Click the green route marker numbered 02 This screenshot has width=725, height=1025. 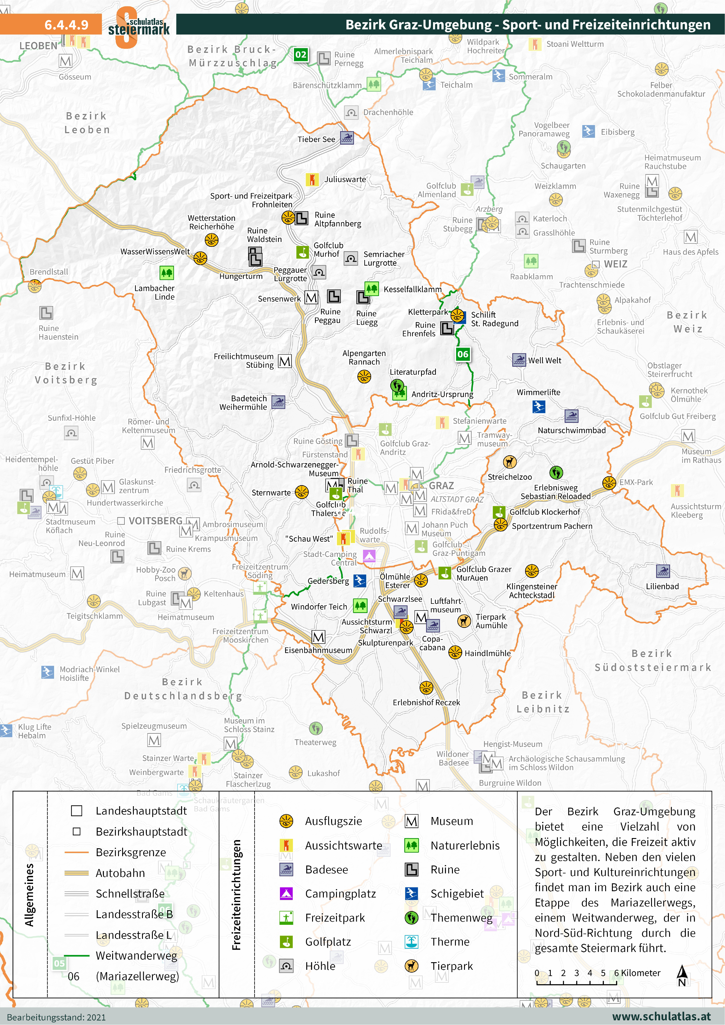point(301,55)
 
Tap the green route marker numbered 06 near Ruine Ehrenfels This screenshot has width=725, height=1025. point(463,354)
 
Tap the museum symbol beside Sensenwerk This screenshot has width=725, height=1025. point(311,297)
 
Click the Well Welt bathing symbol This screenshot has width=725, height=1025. point(519,360)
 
